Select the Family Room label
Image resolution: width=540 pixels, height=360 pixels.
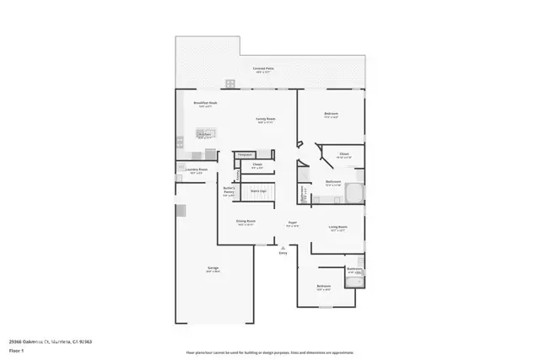pos(266,120)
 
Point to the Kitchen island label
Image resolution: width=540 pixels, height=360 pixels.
pos(205,134)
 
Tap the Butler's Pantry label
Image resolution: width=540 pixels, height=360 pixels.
pos(228,191)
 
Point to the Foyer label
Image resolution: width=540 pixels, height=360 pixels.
pos(292,224)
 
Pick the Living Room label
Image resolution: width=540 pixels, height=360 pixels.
pos(339,228)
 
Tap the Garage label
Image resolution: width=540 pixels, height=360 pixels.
pos(213,270)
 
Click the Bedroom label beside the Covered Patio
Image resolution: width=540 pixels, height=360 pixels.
pos(332,115)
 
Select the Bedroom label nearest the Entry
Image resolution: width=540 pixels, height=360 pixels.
pos(324,287)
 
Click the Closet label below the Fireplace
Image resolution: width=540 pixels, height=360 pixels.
pos(257,166)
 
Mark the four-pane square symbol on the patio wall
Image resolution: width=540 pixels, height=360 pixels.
pos(228,83)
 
